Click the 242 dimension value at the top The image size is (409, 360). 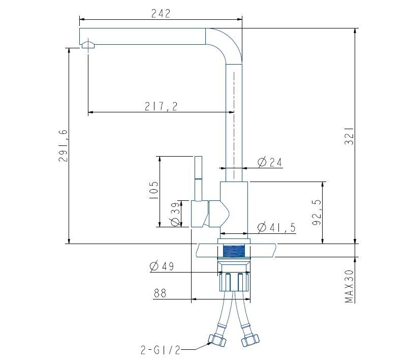point(161,14)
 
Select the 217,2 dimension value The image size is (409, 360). point(161,106)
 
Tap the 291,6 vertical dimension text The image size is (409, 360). point(64,146)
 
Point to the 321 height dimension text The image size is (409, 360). point(349,136)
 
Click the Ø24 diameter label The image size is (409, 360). point(270,162)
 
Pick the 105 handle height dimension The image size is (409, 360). point(154,190)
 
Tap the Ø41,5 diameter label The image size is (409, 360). point(277,227)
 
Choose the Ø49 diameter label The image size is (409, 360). point(162,266)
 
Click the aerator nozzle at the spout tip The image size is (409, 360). point(88,46)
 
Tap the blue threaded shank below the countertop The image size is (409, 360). point(234,251)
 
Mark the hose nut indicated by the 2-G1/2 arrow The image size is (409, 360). point(218,340)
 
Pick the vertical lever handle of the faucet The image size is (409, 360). point(198,178)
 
